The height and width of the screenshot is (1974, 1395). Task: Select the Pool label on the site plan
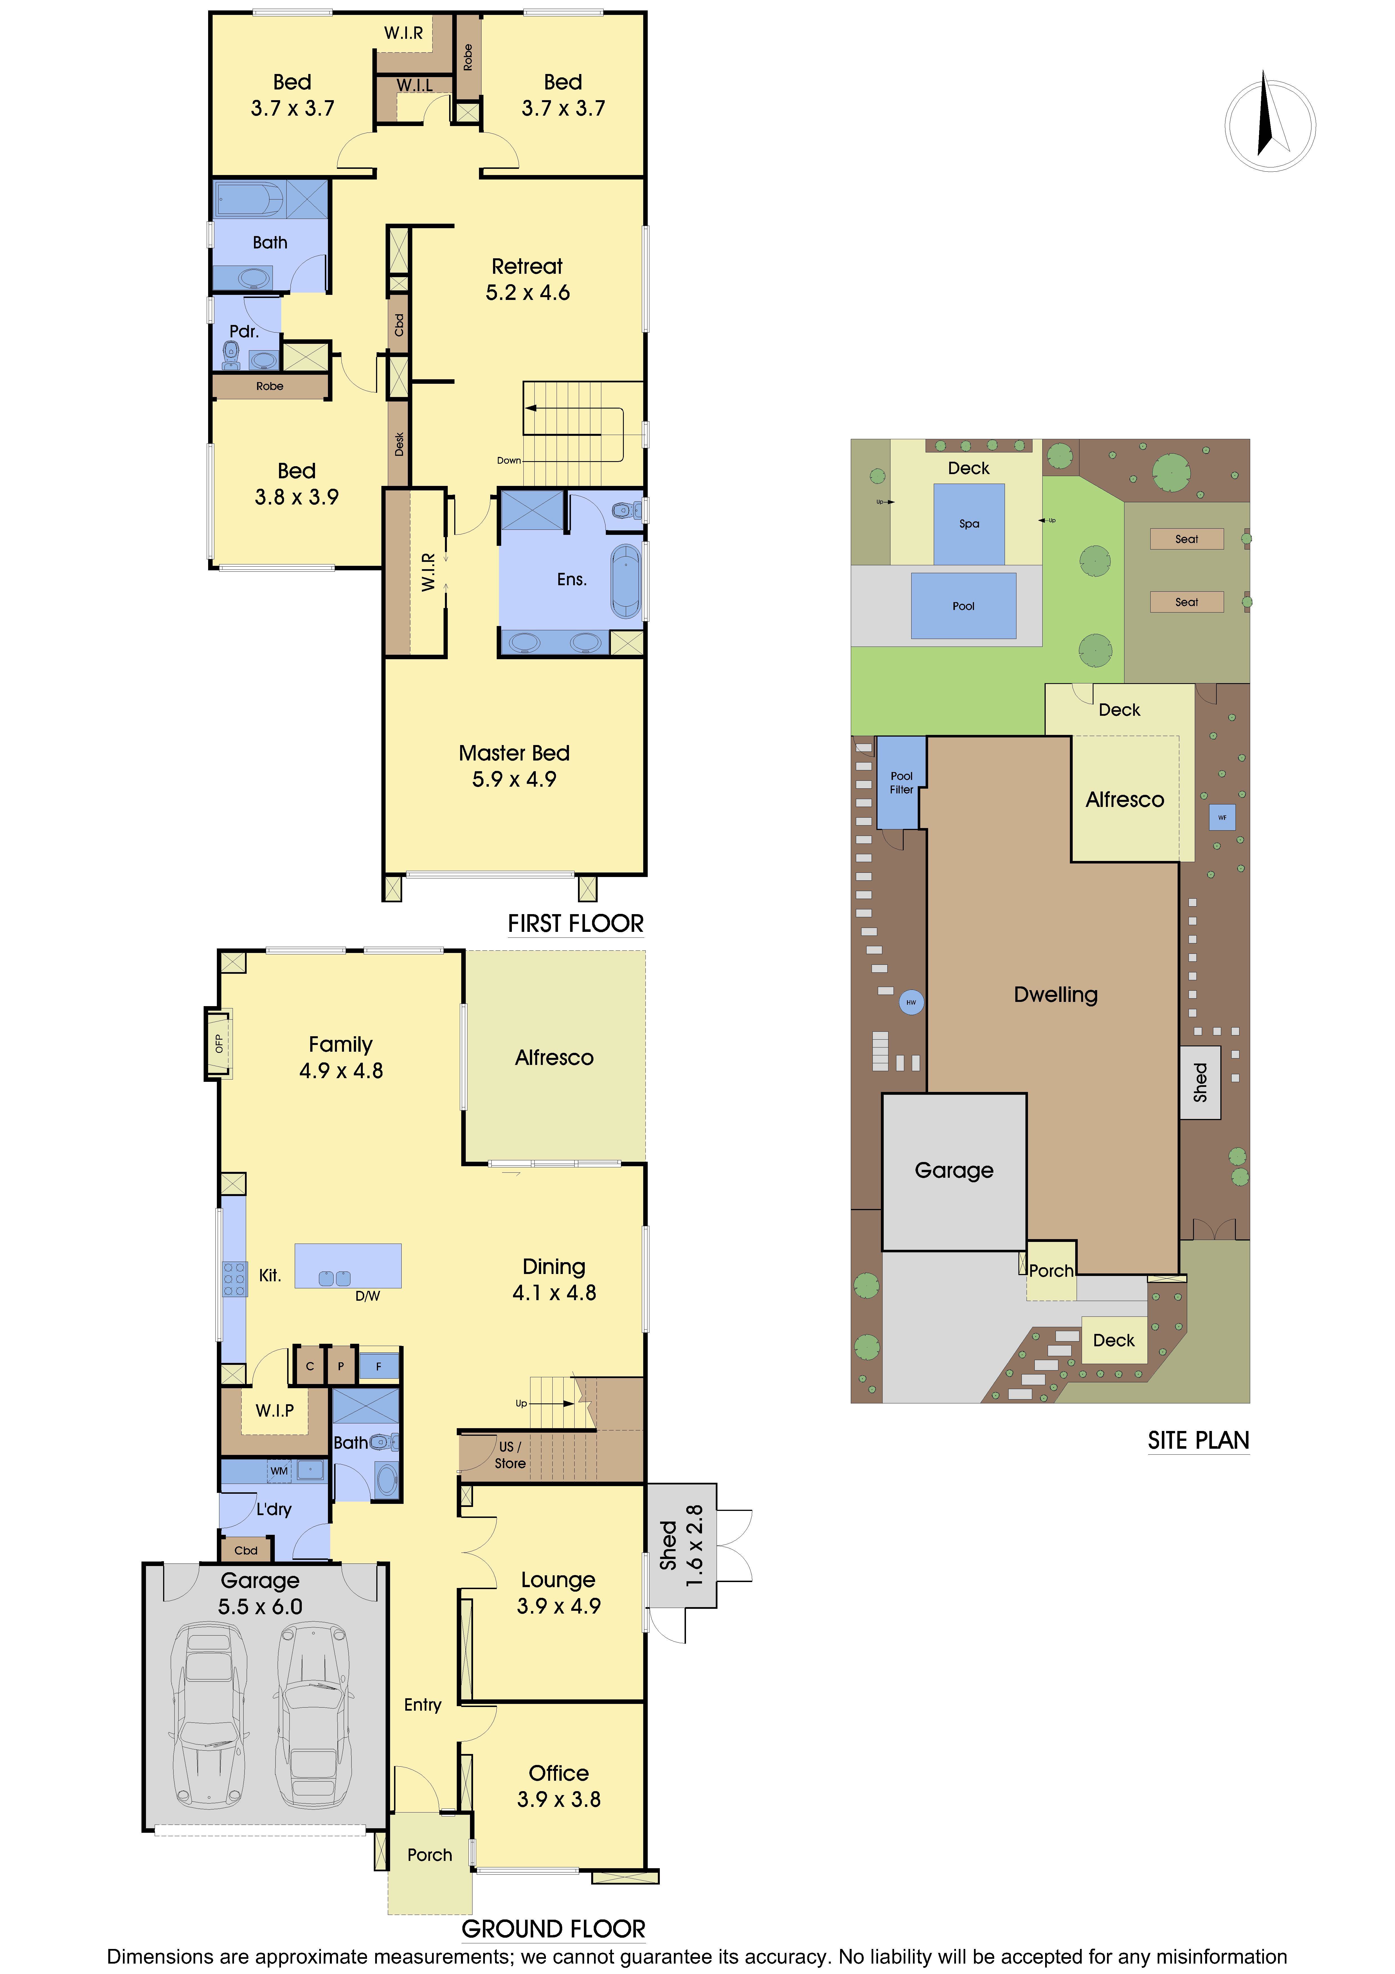[x=964, y=606]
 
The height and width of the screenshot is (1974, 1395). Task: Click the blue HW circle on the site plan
[x=911, y=1002]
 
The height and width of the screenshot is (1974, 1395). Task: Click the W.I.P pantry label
[x=275, y=1410]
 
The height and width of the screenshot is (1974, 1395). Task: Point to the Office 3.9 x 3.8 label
[x=559, y=1786]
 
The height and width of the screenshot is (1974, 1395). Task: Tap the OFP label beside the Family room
[x=218, y=1044]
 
